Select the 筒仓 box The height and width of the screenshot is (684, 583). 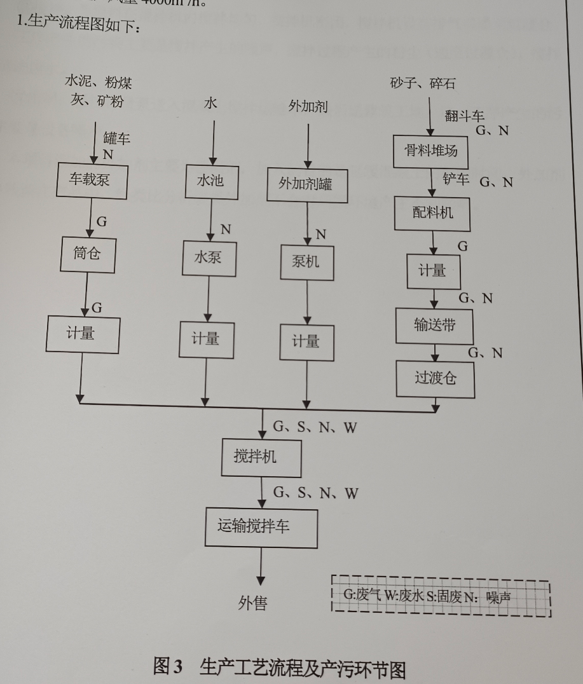88,255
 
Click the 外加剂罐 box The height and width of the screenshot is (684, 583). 308,185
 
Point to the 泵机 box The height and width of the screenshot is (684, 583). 307,262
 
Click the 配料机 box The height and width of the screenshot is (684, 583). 433,213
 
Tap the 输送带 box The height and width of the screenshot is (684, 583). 435,326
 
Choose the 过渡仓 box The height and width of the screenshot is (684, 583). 436,379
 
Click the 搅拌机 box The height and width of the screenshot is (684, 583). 261,458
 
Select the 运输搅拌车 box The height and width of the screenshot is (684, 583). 261,527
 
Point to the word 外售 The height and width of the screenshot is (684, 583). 252,603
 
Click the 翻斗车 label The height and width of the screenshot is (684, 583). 465,116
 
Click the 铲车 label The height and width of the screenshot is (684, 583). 456,179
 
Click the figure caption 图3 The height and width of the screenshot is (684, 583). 167,667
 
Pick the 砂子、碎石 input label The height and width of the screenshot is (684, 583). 423,84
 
